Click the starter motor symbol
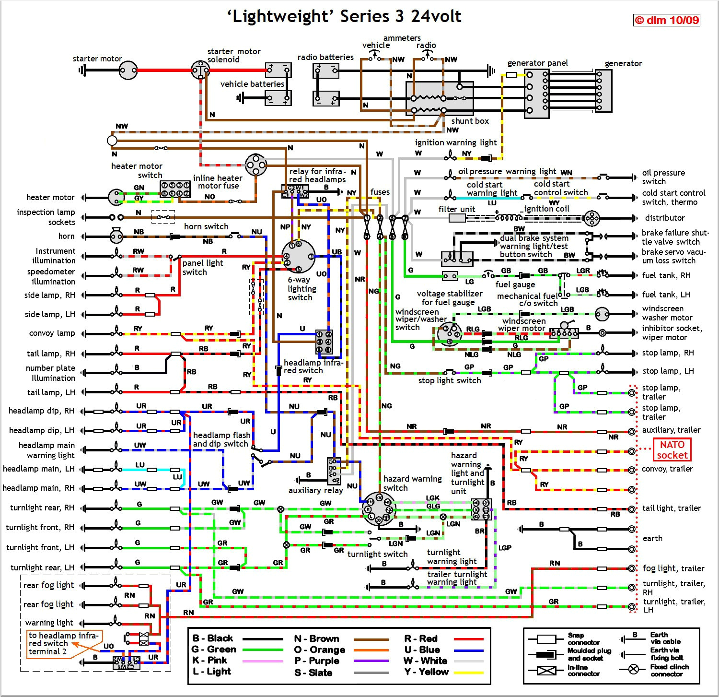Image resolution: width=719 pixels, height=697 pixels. (128, 71)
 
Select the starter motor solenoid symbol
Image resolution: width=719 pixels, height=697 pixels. (200, 71)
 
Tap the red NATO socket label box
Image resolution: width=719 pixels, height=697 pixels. (672, 449)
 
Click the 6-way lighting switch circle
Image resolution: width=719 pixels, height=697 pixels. (298, 257)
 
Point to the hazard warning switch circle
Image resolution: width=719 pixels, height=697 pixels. (379, 509)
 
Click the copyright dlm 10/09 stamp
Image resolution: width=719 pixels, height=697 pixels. (666, 20)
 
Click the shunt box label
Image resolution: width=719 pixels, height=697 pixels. (470, 121)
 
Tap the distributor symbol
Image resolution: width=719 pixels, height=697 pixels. (591, 218)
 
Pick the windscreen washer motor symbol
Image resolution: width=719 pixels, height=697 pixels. (602, 314)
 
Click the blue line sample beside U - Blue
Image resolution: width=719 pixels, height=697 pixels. (468, 650)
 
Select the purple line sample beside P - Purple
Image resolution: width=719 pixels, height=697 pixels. (371, 661)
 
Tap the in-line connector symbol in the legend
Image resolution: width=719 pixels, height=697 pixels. (546, 670)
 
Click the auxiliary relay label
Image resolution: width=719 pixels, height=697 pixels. (315, 490)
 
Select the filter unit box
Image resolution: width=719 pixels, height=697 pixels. (457, 218)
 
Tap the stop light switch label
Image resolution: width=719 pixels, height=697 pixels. (449, 380)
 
